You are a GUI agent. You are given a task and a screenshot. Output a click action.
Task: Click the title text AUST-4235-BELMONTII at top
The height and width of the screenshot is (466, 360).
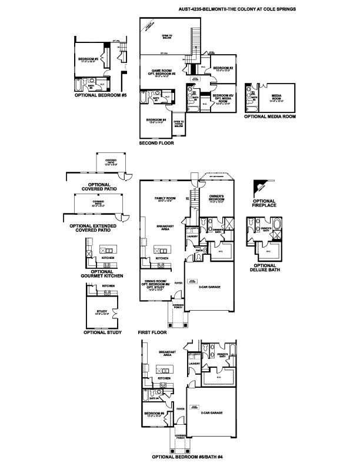[x=212, y=10]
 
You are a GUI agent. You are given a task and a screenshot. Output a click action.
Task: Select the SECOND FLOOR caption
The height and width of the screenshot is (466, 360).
[x=156, y=143]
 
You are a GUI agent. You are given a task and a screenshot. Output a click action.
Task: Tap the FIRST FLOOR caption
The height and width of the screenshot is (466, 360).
[x=153, y=332]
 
